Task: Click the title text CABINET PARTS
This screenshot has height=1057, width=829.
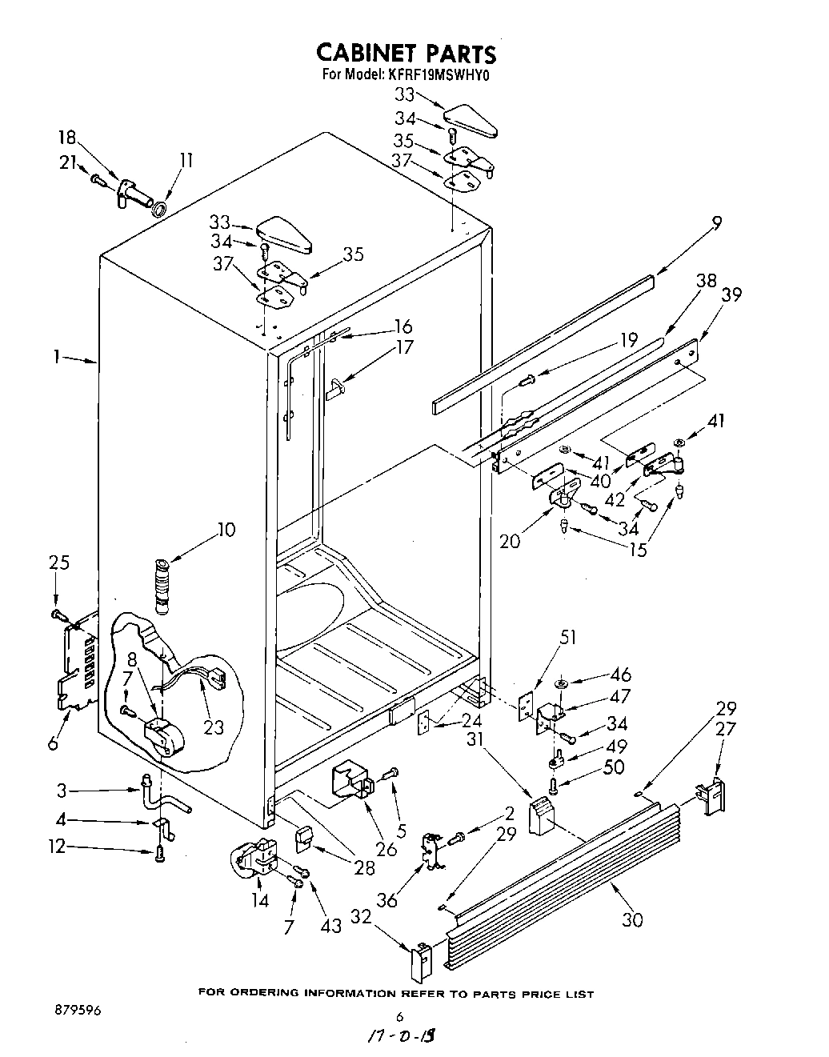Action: (x=406, y=53)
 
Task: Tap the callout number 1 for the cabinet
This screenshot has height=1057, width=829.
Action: (x=57, y=358)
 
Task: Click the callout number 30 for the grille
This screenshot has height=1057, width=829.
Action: (x=632, y=920)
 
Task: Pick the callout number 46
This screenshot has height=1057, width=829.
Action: (x=620, y=675)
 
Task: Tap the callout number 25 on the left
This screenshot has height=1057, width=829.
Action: (x=58, y=563)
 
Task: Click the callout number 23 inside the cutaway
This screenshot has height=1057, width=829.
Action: (x=213, y=728)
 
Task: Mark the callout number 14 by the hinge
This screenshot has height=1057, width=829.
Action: (x=260, y=899)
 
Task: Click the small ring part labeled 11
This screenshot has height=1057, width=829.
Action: (x=159, y=210)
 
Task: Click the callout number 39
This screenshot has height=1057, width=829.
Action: (x=731, y=294)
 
